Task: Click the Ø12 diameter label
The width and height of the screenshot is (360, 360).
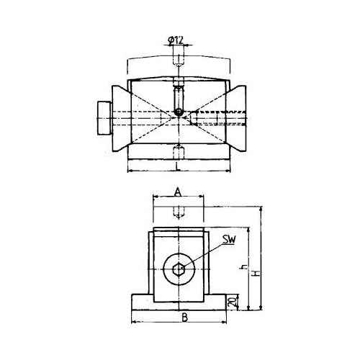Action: click(176, 41)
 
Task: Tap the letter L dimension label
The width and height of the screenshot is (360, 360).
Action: click(178, 167)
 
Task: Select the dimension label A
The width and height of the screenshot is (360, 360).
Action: click(178, 192)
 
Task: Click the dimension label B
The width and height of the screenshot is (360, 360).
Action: click(184, 318)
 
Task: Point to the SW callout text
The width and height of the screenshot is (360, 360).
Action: click(229, 240)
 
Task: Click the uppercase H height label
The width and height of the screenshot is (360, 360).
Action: click(257, 273)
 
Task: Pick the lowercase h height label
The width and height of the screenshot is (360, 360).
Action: click(244, 267)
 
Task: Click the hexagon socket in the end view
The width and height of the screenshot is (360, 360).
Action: click(179, 269)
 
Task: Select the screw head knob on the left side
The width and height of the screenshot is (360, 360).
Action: click(104, 118)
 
